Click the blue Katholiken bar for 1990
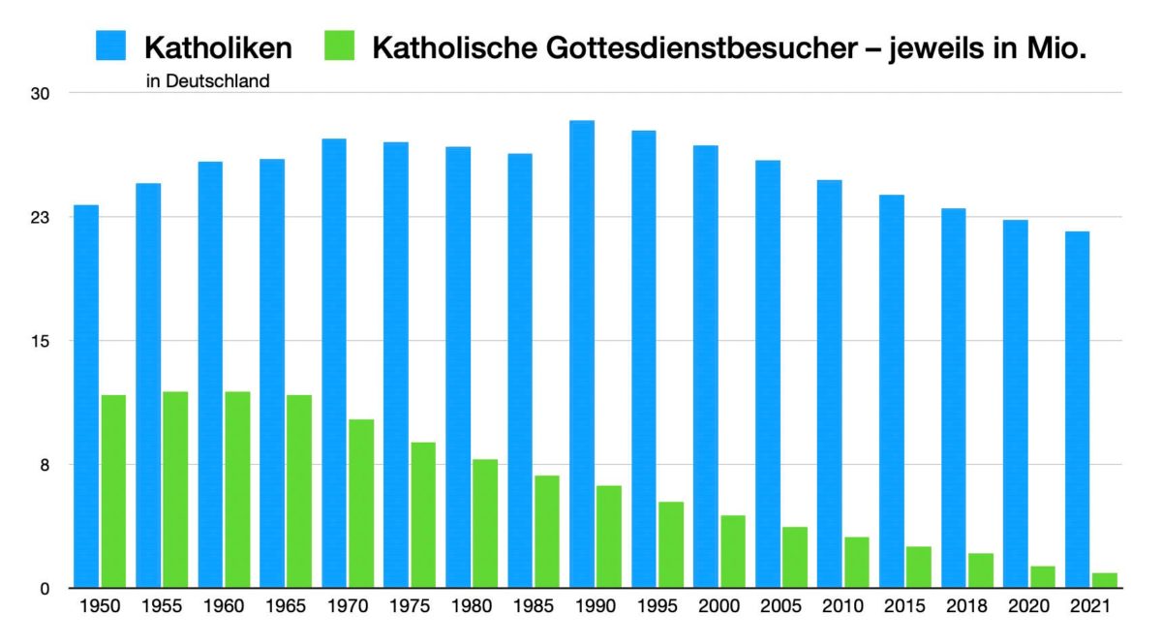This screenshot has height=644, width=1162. pyautogui.click(x=582, y=354)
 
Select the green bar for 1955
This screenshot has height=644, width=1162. pyautogui.click(x=175, y=490)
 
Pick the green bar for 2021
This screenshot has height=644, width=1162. pyautogui.click(x=1104, y=580)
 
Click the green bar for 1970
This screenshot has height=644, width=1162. pyautogui.click(x=361, y=504)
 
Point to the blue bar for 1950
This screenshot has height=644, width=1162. pyautogui.click(x=86, y=397)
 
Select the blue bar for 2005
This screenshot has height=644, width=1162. pyautogui.click(x=768, y=374)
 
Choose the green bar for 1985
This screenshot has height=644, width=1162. pyautogui.click(x=547, y=532)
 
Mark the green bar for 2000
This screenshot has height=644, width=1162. pyautogui.click(x=733, y=552)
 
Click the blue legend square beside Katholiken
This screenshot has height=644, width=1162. pyautogui.click(x=110, y=46)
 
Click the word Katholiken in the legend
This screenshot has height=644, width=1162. pyautogui.click(x=218, y=46)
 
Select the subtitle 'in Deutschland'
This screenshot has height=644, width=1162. pyautogui.click(x=207, y=81)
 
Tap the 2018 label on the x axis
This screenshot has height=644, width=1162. pyautogui.click(x=966, y=608)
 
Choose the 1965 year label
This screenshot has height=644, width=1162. pyautogui.click(x=285, y=608)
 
